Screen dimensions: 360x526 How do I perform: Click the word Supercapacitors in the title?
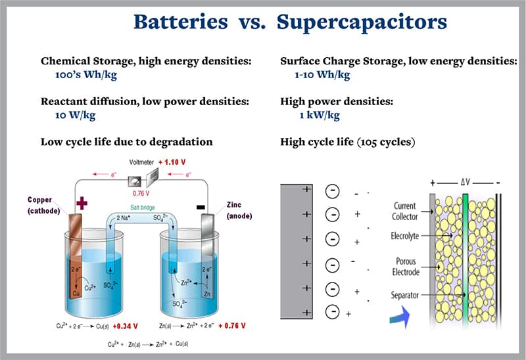[362, 22]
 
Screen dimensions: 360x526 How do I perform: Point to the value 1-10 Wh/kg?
[322, 74]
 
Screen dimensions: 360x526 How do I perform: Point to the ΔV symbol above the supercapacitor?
[465, 180]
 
